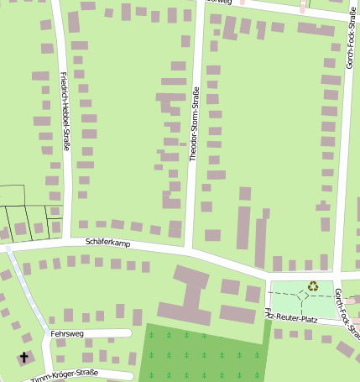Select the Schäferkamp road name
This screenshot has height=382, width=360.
[x=108, y=242]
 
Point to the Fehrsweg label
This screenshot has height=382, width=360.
[x=67, y=333]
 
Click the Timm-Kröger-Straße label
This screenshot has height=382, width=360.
[x=64, y=374]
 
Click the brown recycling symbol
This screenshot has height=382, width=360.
[x=313, y=286]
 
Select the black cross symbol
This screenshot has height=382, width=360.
[x=23, y=358]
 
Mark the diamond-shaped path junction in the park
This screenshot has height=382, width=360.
[x=301, y=297]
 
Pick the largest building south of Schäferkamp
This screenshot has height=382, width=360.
[x=192, y=294]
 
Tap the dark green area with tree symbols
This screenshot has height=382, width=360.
[x=201, y=353]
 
